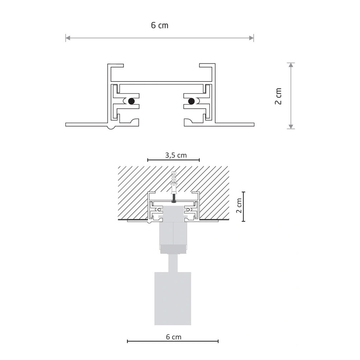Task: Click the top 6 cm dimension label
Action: pos(159,26)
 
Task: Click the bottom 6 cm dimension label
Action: pos(174,337)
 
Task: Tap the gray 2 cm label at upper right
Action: pos(278,96)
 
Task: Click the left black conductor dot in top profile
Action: pos(131,101)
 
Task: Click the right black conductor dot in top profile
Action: pos(191,101)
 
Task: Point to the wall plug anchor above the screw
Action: pos(174,182)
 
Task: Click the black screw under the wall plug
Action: pos(174,198)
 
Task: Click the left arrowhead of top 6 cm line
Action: pos(67,38)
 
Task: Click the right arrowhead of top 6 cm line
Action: pos(252,38)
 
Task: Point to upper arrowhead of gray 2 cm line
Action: pos(291,65)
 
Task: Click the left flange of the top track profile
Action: pos(86,125)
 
